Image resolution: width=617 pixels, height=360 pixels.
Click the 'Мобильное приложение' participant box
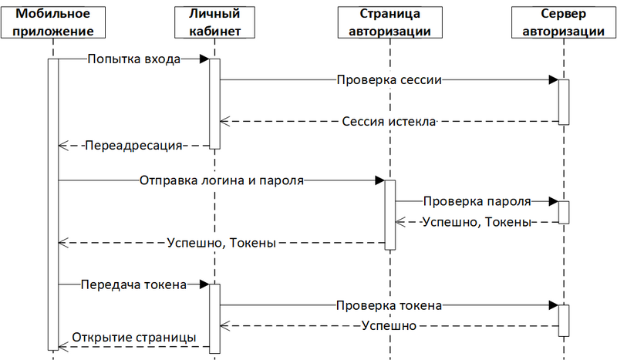(52, 22)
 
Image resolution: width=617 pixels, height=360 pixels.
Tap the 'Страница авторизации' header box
(389, 22)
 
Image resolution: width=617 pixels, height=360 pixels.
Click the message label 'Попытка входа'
(133, 59)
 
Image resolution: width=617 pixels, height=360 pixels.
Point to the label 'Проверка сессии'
(388, 79)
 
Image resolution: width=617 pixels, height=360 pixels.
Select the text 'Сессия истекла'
(389, 121)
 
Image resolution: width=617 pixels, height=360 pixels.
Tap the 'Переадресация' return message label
(133, 144)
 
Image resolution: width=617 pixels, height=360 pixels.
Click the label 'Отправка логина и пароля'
(222, 180)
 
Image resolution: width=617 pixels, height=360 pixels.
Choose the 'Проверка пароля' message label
(476, 201)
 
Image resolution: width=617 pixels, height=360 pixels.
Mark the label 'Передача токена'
(133, 284)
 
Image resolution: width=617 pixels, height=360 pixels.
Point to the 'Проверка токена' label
(388, 305)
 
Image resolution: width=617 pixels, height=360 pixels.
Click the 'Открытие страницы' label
(133, 338)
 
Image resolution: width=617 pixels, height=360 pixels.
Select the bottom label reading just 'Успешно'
(389, 326)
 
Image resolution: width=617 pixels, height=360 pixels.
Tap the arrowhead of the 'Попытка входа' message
(204, 59)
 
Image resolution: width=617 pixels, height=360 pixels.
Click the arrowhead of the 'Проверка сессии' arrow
(553, 79)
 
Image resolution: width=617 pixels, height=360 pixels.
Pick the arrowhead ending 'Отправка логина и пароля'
(379, 180)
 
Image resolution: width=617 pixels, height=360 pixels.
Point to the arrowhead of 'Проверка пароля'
(553, 201)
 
